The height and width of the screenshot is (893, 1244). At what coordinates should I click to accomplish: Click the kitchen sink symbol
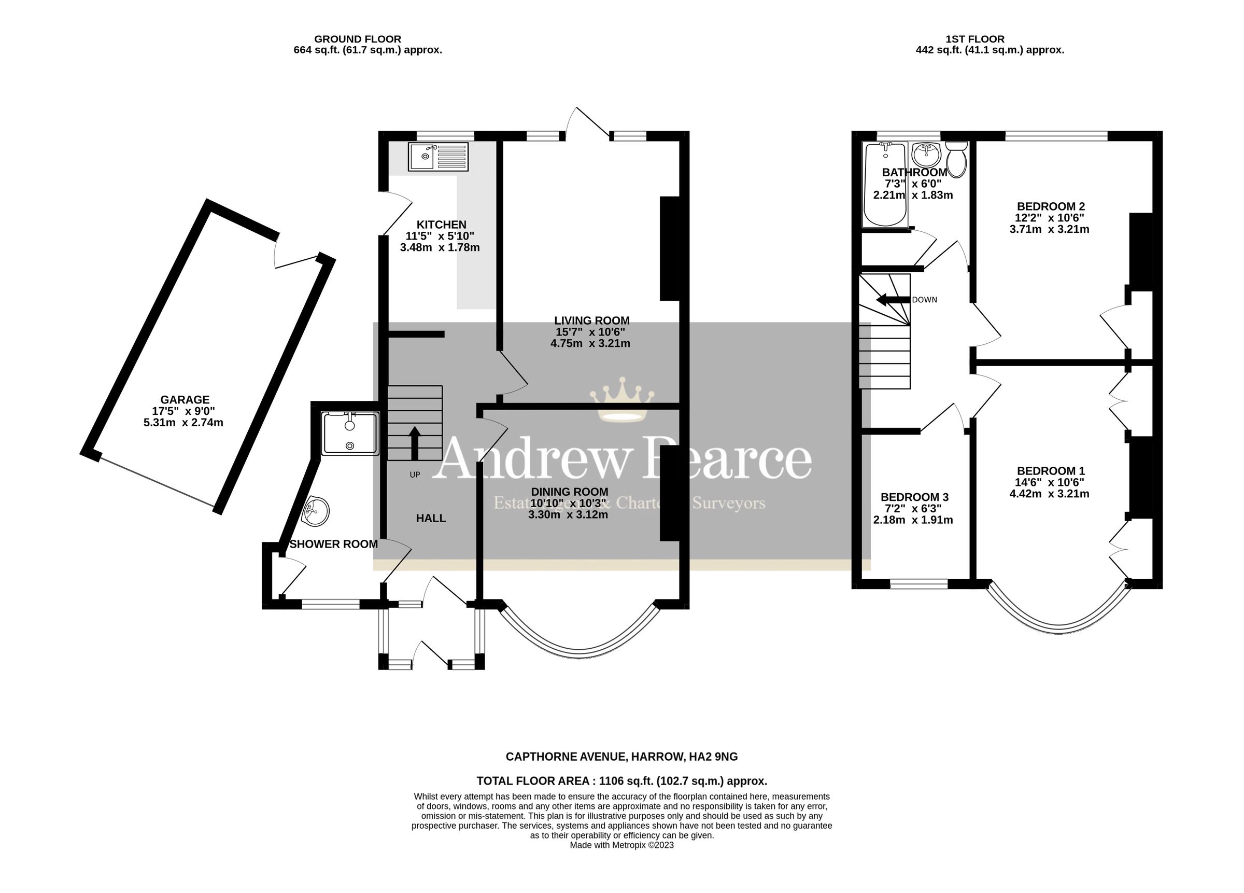437,157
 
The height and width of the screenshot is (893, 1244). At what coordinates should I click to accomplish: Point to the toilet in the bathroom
957,159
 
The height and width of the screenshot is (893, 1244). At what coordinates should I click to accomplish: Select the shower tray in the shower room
350,434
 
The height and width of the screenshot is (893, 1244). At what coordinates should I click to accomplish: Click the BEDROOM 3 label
913,497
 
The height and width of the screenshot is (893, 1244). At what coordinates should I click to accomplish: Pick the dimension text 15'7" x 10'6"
590,332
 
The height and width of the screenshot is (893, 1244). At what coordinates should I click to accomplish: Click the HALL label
431,518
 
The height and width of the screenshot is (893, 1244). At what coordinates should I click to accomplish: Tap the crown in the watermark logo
621,400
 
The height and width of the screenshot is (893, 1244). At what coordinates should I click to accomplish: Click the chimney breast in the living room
669,248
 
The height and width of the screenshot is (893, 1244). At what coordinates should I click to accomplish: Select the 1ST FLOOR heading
974,39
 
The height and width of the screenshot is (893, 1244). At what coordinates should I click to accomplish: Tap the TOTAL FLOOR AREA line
621,781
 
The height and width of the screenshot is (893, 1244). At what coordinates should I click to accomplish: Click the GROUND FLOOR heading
357,39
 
